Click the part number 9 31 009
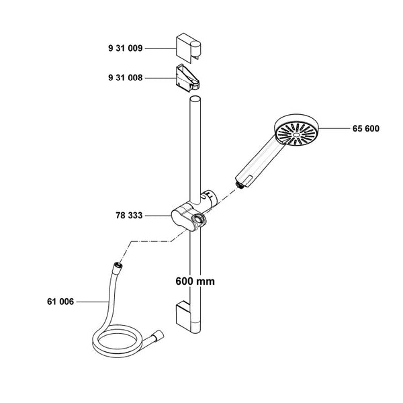coord(125,48)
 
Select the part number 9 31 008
coord(125,78)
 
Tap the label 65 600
coord(366,128)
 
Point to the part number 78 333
coord(129,216)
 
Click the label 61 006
coord(60,302)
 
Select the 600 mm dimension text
coord(195,281)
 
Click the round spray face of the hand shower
coord(296,134)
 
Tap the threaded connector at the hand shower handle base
coord(240,185)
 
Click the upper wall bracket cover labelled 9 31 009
coord(188,48)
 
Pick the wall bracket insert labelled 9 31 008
coord(187,78)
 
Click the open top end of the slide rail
coord(195,99)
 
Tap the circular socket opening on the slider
coord(199,220)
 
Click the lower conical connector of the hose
coord(157,336)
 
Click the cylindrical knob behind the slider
coord(209,197)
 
